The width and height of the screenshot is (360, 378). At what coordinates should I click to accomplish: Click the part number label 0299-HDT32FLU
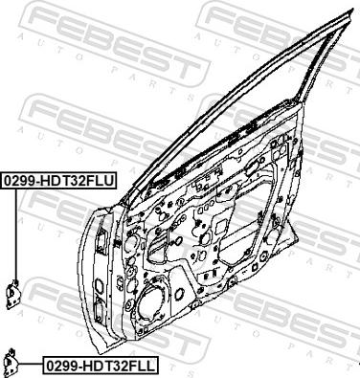click(x=58, y=181)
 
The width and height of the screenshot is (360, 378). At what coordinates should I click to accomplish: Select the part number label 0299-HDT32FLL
click(x=100, y=366)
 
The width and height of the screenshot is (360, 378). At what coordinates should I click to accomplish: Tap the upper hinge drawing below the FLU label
click(x=13, y=294)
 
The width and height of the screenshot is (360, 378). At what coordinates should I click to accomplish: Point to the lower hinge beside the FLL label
click(x=12, y=363)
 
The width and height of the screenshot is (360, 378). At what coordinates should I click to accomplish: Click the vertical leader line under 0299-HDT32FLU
click(x=15, y=233)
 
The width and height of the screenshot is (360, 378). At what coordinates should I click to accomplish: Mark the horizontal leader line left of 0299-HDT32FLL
click(x=31, y=364)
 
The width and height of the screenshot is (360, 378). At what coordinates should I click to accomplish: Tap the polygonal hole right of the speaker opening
click(x=180, y=293)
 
